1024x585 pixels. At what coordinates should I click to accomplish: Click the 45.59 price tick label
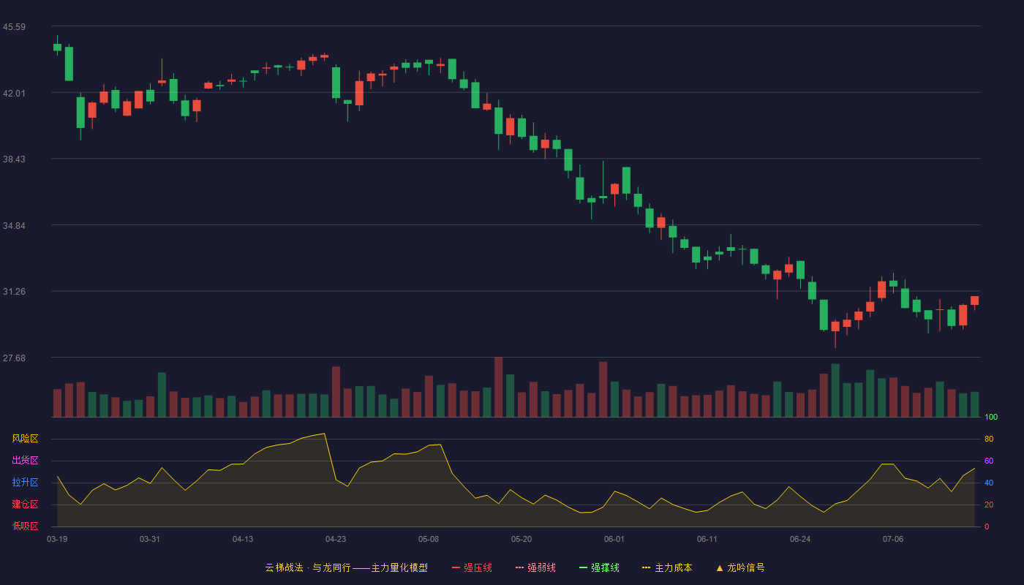click(x=14, y=27)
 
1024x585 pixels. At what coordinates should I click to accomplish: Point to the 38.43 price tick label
click(x=14, y=159)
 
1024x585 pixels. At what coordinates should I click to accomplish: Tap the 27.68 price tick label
click(x=14, y=358)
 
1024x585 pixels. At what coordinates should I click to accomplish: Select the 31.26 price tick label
click(x=14, y=292)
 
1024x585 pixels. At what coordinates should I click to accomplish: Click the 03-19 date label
click(x=57, y=540)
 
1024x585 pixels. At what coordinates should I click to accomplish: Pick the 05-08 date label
click(x=429, y=540)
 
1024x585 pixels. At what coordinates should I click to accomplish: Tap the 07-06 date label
click(x=893, y=540)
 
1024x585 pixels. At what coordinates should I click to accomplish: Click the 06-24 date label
click(x=800, y=540)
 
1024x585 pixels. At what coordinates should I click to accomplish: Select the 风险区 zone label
click(x=25, y=439)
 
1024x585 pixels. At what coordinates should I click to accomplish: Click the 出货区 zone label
click(x=25, y=460)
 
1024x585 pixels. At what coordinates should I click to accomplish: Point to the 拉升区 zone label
click(x=25, y=482)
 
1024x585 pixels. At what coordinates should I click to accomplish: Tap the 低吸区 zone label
click(x=25, y=526)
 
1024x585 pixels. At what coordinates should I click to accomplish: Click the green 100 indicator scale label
click(x=991, y=417)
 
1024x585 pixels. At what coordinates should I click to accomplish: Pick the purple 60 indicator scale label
click(x=989, y=461)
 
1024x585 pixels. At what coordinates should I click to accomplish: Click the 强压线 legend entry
click(x=472, y=567)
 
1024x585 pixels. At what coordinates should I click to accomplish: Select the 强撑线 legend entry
click(x=599, y=567)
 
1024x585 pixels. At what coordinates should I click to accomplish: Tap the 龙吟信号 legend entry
click(x=740, y=567)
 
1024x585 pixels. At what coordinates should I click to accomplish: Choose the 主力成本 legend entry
click(x=667, y=567)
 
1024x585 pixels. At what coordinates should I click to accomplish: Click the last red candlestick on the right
click(x=974, y=301)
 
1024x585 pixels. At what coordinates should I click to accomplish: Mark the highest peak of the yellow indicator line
click(x=324, y=433)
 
